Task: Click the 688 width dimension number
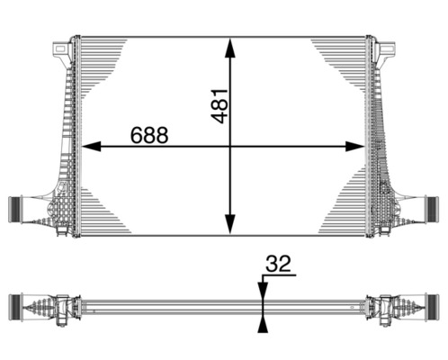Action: (148, 135)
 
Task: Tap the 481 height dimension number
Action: (220, 105)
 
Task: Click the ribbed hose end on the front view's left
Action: (15, 209)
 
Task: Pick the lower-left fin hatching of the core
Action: (103, 211)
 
